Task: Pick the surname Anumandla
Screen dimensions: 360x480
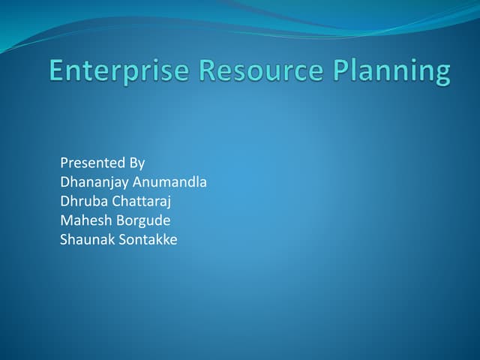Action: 169,182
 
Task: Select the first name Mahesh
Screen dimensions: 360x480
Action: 85,221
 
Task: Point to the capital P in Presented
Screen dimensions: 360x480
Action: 64,163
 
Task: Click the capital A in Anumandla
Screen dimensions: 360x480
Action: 137,182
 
